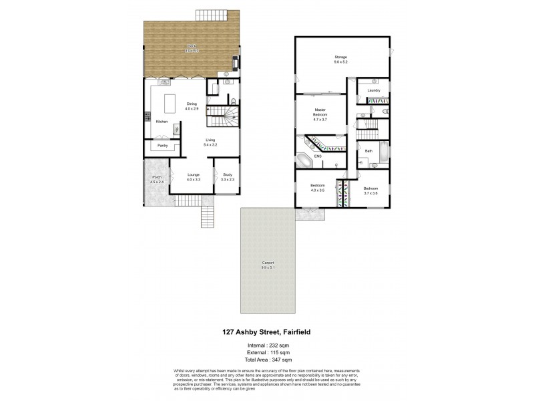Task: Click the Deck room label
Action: (x=192, y=47)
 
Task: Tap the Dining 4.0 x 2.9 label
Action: (x=192, y=105)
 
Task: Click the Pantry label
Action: (x=162, y=145)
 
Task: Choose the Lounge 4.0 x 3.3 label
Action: (x=194, y=176)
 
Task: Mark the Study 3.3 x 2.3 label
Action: (x=227, y=176)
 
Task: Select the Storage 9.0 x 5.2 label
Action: (x=341, y=59)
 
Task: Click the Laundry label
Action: (x=374, y=90)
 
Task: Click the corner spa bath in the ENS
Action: (x=305, y=161)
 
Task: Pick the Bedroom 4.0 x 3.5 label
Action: (x=318, y=186)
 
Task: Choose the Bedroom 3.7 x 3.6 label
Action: (x=370, y=190)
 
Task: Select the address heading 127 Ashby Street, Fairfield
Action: (x=267, y=331)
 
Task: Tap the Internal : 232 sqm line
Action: (x=267, y=346)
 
